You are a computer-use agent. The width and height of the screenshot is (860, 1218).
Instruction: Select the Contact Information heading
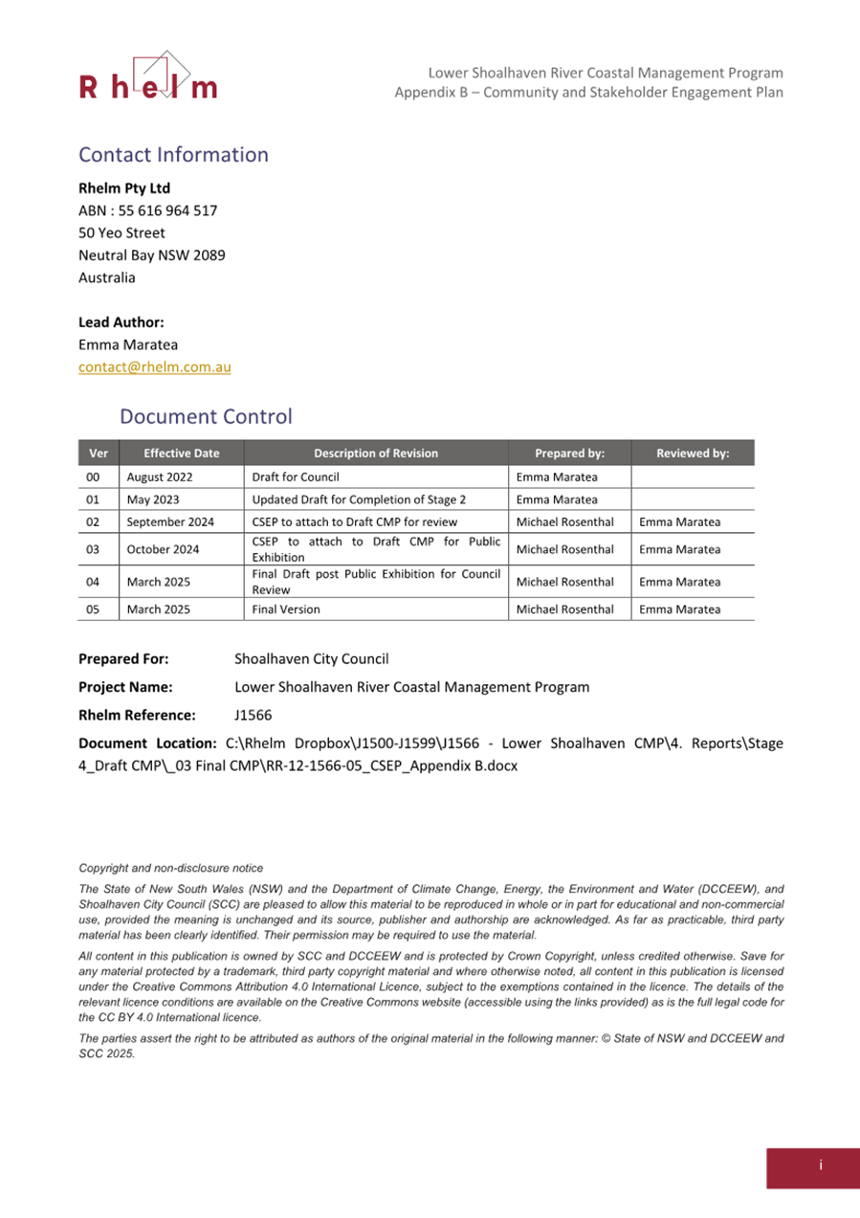pyautogui.click(x=173, y=155)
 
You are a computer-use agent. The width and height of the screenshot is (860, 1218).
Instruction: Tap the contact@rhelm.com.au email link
pyautogui.click(x=154, y=367)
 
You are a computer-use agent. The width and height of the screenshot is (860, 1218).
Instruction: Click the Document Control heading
pyautogui.click(x=206, y=417)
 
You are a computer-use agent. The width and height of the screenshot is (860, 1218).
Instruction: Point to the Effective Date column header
pyautogui.click(x=181, y=454)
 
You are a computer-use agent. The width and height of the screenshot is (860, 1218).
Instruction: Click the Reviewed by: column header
pyautogui.click(x=693, y=454)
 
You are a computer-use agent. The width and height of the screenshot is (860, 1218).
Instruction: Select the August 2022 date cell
pyautogui.click(x=158, y=476)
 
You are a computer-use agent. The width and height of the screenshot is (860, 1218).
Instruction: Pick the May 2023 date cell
pyautogui.click(x=152, y=499)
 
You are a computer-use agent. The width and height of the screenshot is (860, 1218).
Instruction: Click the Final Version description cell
pyautogui.click(x=286, y=609)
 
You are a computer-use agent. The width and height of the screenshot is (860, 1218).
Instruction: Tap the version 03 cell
pyautogui.click(x=94, y=550)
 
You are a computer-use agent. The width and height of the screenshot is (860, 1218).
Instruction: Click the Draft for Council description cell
pyautogui.click(x=296, y=476)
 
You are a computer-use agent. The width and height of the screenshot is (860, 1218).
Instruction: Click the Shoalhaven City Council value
pyautogui.click(x=311, y=659)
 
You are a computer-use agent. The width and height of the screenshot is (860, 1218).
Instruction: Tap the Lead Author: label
pyautogui.click(x=121, y=322)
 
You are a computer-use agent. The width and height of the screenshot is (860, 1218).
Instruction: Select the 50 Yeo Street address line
pyautogui.click(x=121, y=233)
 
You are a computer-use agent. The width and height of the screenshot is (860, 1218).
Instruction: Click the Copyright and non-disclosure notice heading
pyautogui.click(x=170, y=869)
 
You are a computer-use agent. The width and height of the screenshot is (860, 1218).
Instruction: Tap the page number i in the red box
pyautogui.click(x=820, y=1165)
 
